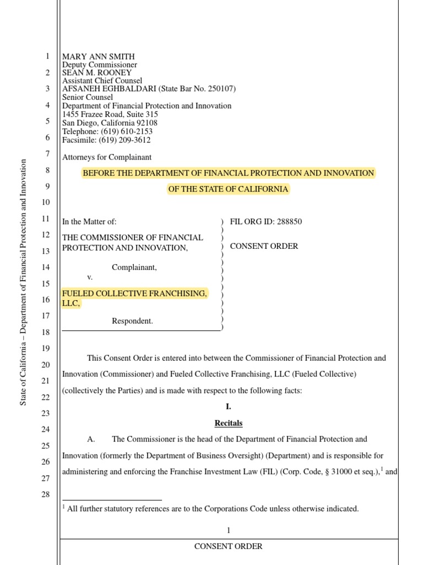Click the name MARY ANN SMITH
98,56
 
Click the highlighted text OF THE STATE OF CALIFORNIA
228,189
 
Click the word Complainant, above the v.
134,268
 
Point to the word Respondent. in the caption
132,321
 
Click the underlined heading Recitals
228,423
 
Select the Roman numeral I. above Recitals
228,407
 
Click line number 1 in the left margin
47,56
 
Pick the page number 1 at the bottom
228,530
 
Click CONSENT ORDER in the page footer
228,546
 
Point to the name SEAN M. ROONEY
97,73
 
